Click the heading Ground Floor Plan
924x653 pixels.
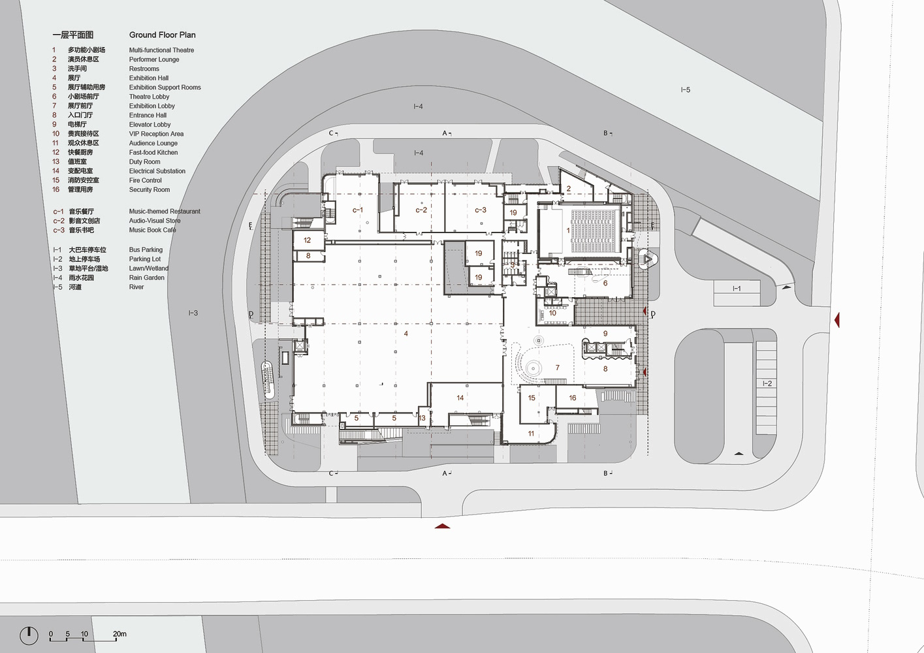162,35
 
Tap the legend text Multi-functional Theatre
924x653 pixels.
161,50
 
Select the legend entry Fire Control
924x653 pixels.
145,180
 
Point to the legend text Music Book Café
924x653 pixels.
152,230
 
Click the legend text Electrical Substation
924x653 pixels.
157,171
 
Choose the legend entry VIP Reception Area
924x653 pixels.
156,134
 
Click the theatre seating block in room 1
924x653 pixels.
594,231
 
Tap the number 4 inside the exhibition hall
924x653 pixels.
406,333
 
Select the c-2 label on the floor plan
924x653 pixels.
421,210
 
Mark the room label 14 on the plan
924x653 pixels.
460,398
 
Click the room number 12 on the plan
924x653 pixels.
307,240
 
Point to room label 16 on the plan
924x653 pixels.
572,398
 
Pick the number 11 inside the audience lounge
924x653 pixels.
531,434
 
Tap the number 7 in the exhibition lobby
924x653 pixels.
557,368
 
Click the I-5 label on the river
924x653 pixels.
685,89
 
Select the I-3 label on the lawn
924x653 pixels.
193,313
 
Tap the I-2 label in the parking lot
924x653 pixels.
767,383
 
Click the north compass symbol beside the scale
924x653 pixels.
29,635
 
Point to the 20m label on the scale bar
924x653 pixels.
119,634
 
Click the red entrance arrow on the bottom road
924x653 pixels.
442,526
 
